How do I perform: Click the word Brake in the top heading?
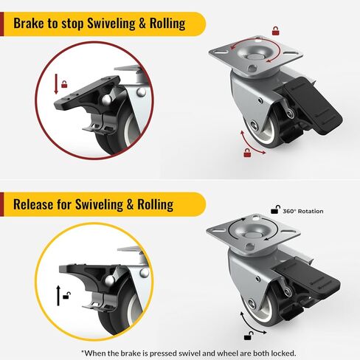[x=34, y=22]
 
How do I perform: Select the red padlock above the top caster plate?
[x=275, y=31]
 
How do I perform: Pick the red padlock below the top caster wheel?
[x=248, y=153]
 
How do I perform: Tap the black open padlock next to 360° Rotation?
[x=274, y=210]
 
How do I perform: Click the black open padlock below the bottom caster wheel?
[x=249, y=337]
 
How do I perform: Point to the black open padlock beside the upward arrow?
[x=67, y=295]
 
